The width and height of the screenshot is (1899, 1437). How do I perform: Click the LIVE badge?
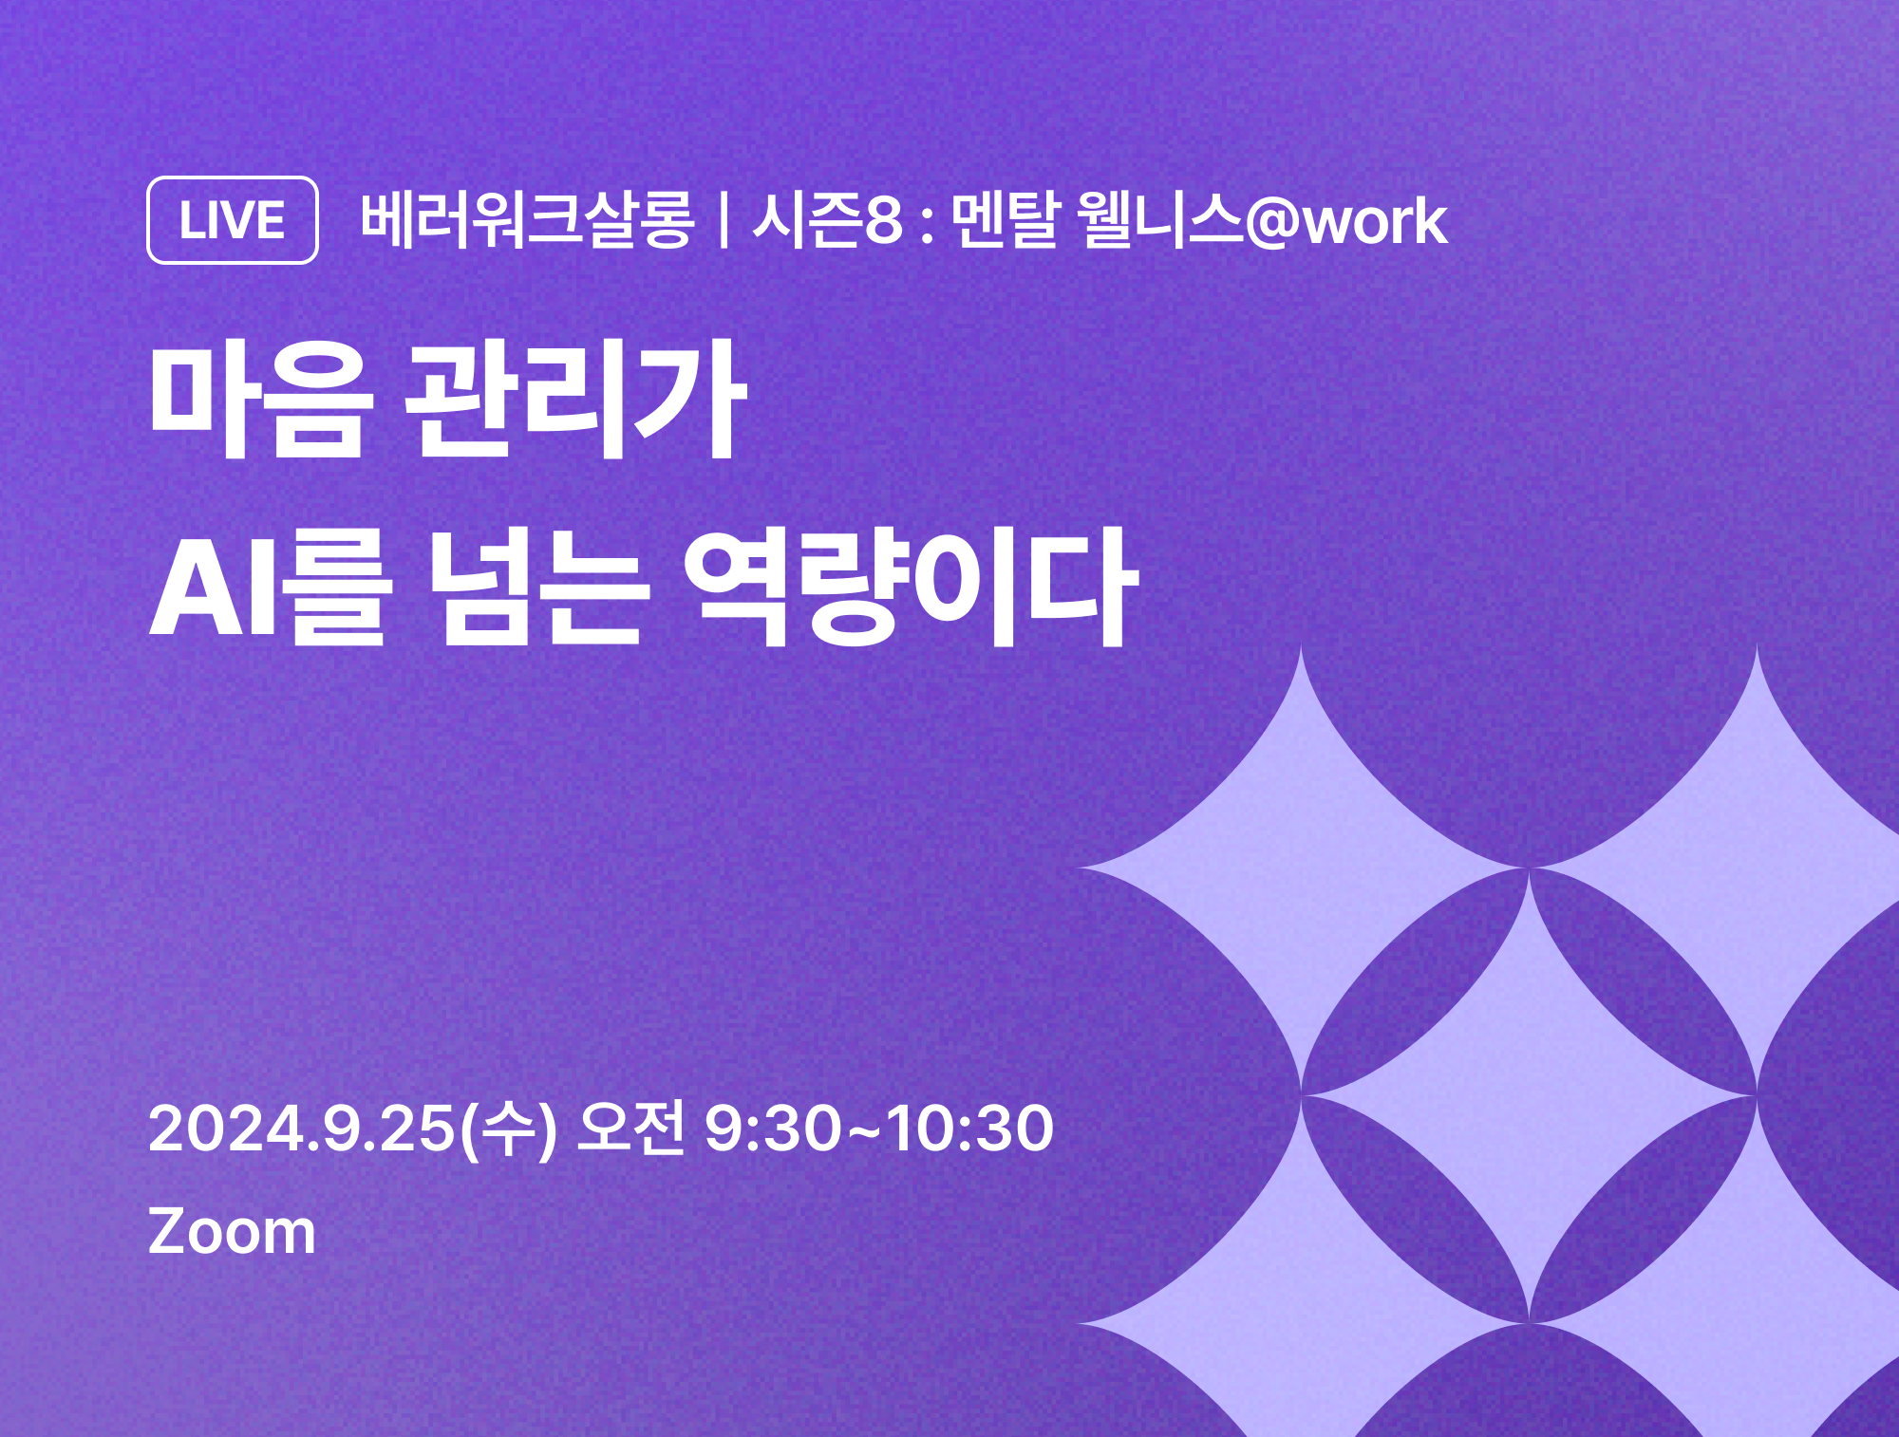click(233, 220)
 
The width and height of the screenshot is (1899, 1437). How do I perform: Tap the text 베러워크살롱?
click(528, 220)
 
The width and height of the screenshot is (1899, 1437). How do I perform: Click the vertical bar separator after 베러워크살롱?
click(724, 220)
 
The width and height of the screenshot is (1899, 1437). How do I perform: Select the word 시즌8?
click(827, 220)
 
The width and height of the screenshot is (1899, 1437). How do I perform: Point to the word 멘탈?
click(1005, 220)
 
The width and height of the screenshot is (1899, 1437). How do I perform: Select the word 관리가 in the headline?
click(576, 400)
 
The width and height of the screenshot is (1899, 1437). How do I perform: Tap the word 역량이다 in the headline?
click(912, 588)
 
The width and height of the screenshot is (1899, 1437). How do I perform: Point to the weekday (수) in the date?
click(507, 1129)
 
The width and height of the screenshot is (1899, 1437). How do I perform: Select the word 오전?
click(630, 1128)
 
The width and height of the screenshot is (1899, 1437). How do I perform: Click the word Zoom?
click(232, 1232)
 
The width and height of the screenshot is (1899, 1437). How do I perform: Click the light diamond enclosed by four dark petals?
click(1529, 1095)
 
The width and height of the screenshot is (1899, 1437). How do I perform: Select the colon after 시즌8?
click(928, 225)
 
